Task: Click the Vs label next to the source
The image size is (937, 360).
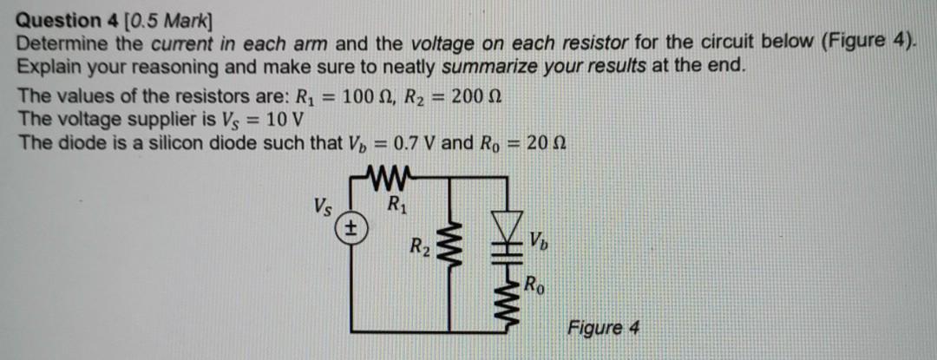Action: pos(321,206)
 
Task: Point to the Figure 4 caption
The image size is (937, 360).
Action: pos(603,328)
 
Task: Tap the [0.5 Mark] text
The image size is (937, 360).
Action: pos(156,19)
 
